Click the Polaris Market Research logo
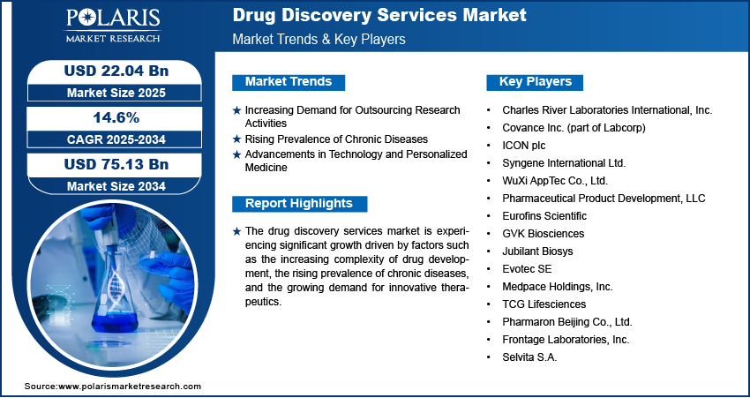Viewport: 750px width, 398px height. pyautogui.click(x=113, y=25)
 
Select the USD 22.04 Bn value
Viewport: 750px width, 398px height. pyautogui.click(x=116, y=71)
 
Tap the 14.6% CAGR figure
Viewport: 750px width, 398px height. pyautogui.click(x=116, y=118)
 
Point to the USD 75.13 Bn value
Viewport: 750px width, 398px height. pyautogui.click(x=116, y=164)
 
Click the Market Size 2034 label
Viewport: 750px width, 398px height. pyautogui.click(x=116, y=186)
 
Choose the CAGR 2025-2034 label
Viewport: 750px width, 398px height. pyautogui.click(x=116, y=139)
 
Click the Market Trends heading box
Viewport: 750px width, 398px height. pyautogui.click(x=289, y=82)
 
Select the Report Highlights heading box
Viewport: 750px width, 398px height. pyautogui.click(x=299, y=203)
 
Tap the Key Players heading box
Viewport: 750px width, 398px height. pyautogui.click(x=535, y=82)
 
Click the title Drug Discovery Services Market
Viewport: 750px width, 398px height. pyautogui.click(x=379, y=15)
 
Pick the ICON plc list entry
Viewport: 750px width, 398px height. pyautogui.click(x=524, y=146)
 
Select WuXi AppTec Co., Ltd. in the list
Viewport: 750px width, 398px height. pyautogui.click(x=555, y=181)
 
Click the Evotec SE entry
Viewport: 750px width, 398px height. pyautogui.click(x=527, y=269)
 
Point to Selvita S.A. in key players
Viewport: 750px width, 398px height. pyautogui.click(x=529, y=357)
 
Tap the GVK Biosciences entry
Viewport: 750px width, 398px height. pyautogui.click(x=543, y=234)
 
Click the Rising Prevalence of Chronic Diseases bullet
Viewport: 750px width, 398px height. pyautogui.click(x=336, y=139)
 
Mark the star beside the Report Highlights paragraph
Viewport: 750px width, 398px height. pyautogui.click(x=236, y=232)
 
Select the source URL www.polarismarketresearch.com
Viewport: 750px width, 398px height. pyautogui.click(x=130, y=386)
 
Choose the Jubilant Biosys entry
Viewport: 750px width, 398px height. pyautogui.click(x=537, y=252)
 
